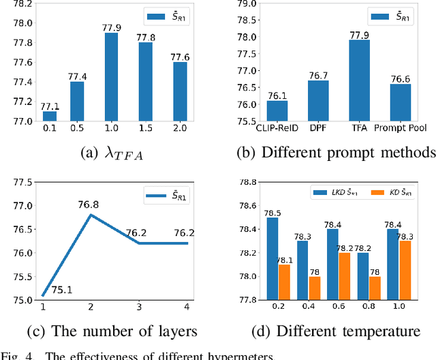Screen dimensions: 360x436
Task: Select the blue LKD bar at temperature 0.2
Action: [272, 258]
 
